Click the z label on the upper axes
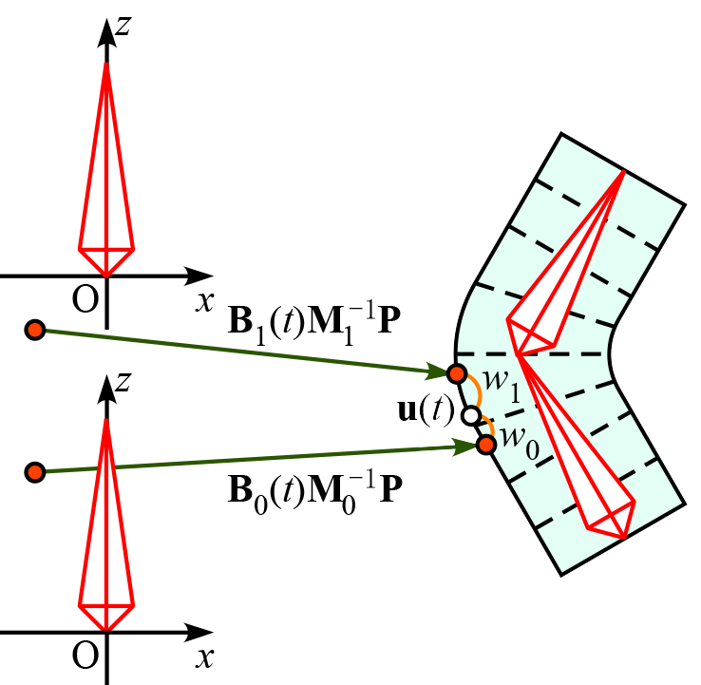(122, 26)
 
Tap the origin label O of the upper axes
(85, 299)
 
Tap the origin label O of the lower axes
(85, 656)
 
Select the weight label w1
(500, 383)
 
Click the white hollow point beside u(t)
(469, 415)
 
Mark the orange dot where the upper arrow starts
(35, 330)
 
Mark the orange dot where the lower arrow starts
(35, 472)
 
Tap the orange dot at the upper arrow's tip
(457, 373)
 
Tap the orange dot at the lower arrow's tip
(486, 444)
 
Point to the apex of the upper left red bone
(106, 63)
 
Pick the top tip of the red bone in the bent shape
(624, 171)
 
